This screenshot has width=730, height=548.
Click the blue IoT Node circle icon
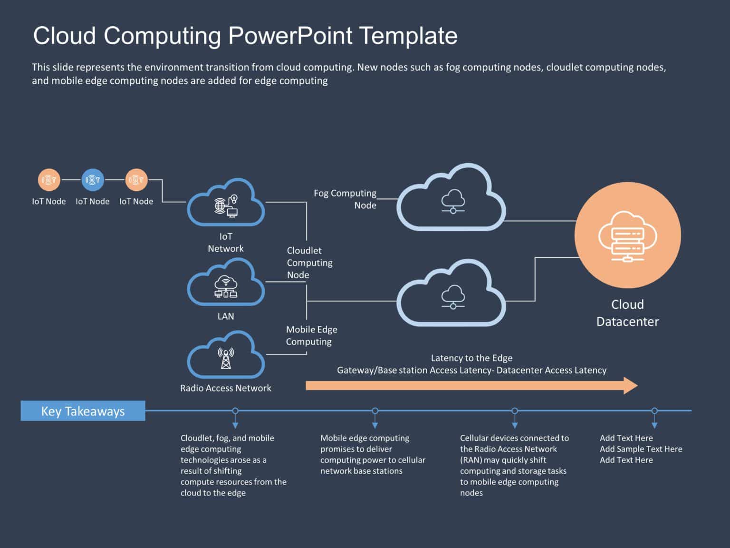(x=93, y=180)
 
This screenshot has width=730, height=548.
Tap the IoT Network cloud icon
(x=226, y=204)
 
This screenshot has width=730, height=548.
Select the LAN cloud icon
(x=226, y=284)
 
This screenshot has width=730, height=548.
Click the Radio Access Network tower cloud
(x=226, y=357)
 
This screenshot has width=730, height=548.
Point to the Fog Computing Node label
(x=345, y=199)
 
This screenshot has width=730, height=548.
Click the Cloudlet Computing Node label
(x=309, y=263)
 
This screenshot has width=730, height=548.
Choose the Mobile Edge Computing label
(x=311, y=335)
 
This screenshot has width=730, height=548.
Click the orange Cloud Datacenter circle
(x=627, y=235)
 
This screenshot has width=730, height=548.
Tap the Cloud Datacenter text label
(x=627, y=313)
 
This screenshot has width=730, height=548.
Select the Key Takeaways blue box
(x=83, y=411)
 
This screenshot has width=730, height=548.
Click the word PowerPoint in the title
(x=290, y=36)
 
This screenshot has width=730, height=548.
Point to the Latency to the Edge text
(x=471, y=358)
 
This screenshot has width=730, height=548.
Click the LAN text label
(x=226, y=316)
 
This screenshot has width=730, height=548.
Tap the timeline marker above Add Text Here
(x=654, y=411)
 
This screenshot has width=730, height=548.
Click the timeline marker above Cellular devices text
(x=515, y=411)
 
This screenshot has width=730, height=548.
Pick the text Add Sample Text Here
(x=641, y=449)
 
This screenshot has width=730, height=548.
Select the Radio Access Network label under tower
(x=226, y=388)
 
